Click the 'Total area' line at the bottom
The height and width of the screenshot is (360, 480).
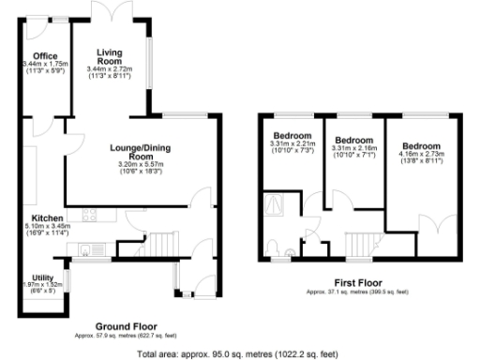(x=240, y=353)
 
